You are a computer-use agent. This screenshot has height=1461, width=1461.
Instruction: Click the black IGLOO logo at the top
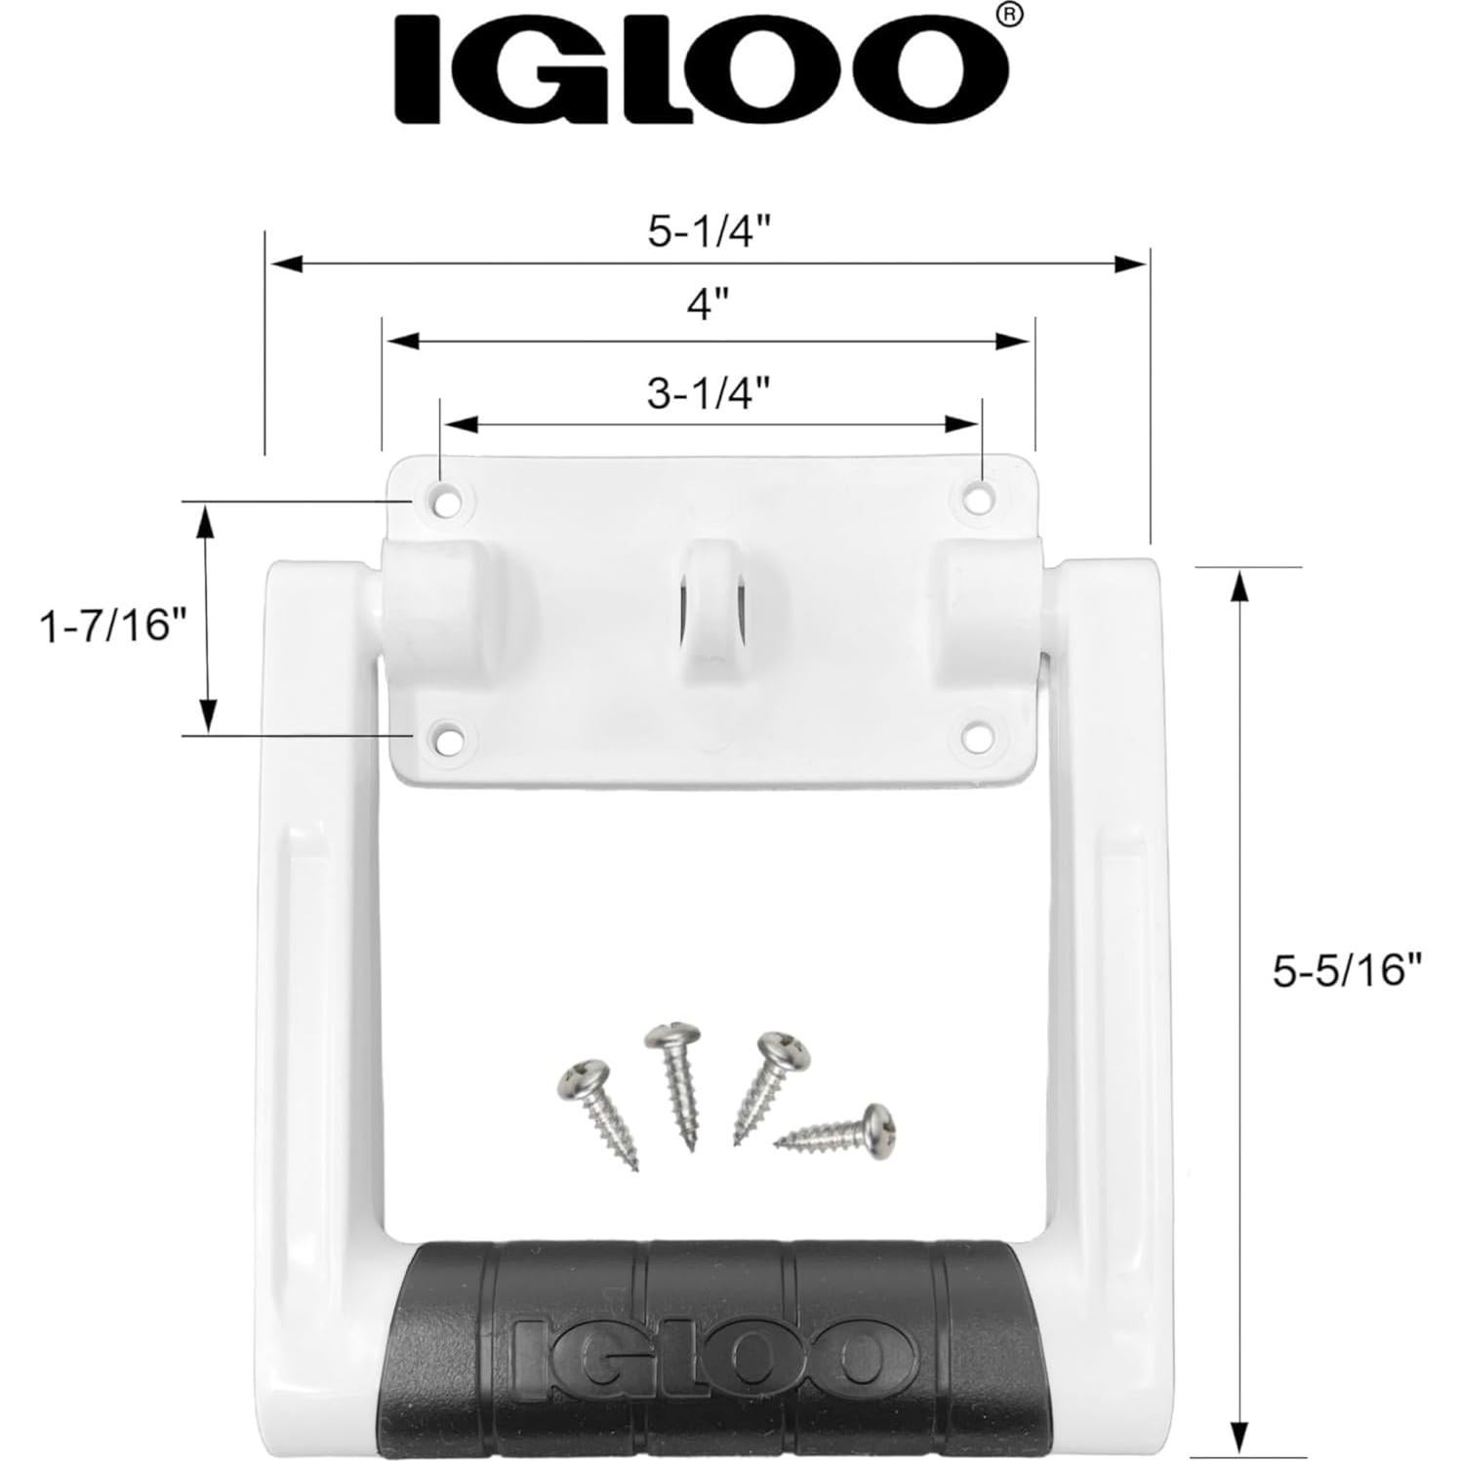[700, 68]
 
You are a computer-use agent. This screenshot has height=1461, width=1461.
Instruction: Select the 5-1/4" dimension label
[710, 232]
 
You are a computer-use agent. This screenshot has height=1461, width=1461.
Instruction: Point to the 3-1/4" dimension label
[710, 392]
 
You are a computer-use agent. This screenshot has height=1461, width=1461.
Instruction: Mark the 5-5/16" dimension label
[1347, 971]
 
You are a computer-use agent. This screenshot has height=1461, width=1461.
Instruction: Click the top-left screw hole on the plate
[448, 501]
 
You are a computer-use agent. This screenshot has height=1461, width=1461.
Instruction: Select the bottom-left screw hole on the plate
[448, 736]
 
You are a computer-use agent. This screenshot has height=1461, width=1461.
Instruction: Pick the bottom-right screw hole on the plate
[976, 736]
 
